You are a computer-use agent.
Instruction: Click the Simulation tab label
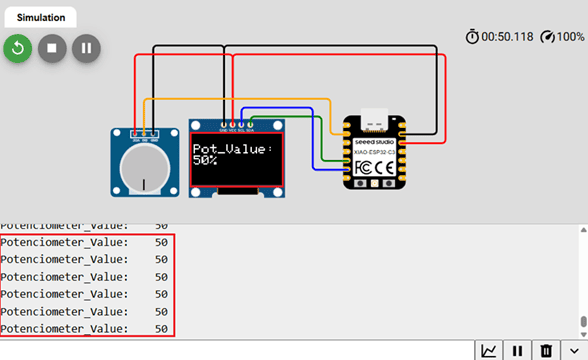41,17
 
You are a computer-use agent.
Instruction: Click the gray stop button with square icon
53,48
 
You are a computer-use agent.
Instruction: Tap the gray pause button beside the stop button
86,48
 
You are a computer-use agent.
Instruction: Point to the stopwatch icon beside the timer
472,36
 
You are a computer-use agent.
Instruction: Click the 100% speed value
571,36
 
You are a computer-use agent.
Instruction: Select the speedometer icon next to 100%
547,36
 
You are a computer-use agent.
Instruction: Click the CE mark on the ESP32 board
386,166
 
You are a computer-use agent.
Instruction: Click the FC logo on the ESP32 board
364,166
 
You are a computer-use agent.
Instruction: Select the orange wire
240,100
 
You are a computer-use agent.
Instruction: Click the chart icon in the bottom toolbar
489,350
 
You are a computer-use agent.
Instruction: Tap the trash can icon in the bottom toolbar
546,350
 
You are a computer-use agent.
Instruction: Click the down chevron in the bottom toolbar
574,350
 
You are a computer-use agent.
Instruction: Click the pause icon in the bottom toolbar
518,350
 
